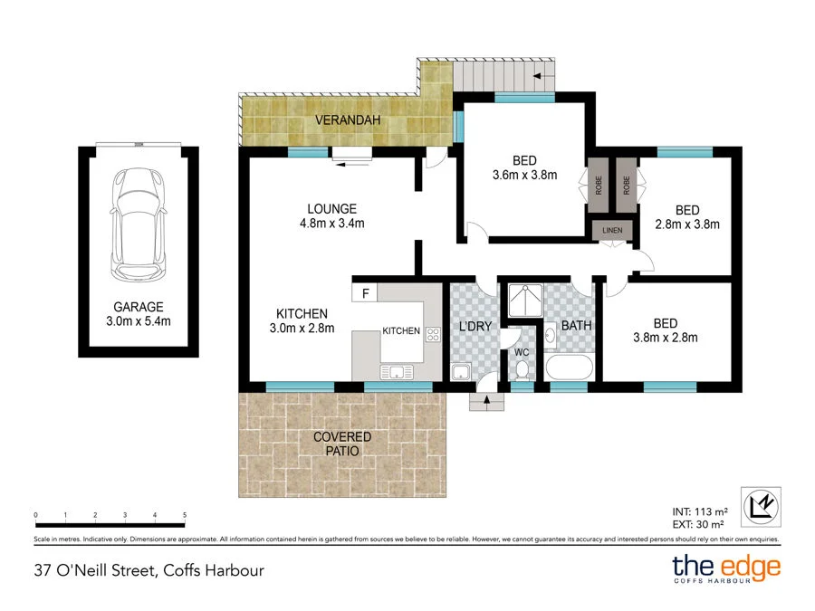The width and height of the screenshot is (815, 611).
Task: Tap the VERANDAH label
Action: coord(348,120)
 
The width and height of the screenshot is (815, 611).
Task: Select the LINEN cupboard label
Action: coord(612,230)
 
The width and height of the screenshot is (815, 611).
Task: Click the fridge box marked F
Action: coord(365,293)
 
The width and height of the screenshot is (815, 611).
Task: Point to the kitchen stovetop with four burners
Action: coord(433,335)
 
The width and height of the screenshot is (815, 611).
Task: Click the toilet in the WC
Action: coord(522,369)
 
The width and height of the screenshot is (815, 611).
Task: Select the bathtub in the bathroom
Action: coord(570,368)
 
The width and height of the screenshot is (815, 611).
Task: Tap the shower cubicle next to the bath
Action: coord(525,301)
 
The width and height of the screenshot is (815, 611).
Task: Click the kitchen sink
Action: coord(398,372)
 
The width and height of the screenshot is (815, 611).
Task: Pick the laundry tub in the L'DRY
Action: coord(461,372)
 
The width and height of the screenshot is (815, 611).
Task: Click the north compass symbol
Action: coord(761,507)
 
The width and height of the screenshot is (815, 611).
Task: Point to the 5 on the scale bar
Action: coord(185,515)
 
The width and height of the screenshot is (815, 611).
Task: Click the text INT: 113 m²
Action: coord(700,511)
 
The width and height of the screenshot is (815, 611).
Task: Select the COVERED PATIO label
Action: coord(342,444)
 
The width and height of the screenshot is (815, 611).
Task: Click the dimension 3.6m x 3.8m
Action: coord(524,175)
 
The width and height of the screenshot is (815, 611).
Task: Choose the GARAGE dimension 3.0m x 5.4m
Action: coord(139,321)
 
